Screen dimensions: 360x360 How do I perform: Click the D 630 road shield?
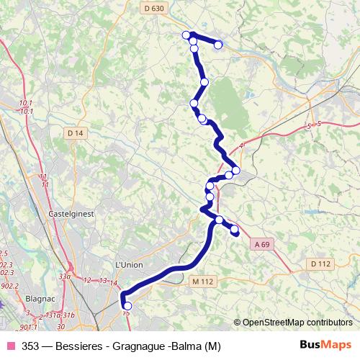coord(154,8)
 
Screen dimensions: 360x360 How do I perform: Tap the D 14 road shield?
coord(75,133)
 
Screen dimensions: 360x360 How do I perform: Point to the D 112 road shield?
coord(320,264)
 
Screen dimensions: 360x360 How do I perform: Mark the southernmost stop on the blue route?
coord(128,306)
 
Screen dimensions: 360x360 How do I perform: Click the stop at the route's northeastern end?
coord(218,45)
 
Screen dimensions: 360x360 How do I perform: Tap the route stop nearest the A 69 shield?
coord(234,229)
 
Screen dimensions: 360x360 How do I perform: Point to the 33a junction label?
coord(65,276)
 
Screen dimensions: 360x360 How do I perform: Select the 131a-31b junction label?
coord(61,315)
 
